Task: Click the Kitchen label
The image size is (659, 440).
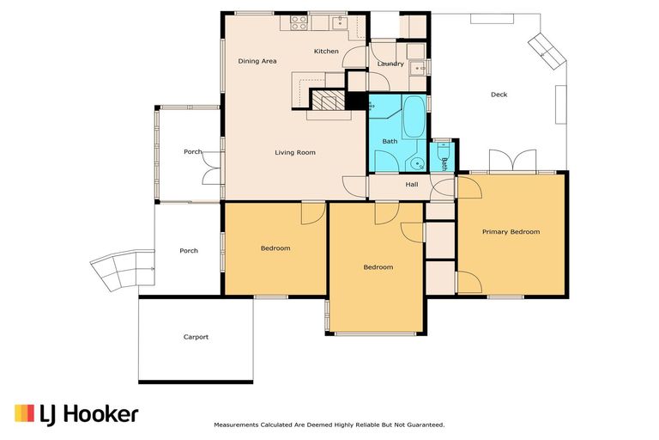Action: (326, 52)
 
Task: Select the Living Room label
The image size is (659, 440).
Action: (295, 153)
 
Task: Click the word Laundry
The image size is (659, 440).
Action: (390, 64)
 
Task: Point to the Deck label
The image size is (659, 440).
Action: (499, 95)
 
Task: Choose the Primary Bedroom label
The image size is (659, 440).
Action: (511, 232)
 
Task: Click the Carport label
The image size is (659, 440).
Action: (196, 337)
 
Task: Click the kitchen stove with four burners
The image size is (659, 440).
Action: (299, 23)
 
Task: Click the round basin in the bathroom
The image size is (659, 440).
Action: (418, 162)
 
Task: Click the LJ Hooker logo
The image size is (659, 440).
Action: (76, 413)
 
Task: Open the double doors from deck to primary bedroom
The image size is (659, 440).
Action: (513, 162)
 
